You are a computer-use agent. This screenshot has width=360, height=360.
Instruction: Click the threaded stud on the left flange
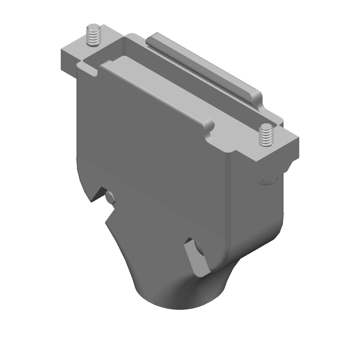pyautogui.click(x=93, y=36)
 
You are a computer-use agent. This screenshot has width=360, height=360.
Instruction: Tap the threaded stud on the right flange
pyautogui.click(x=266, y=136)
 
